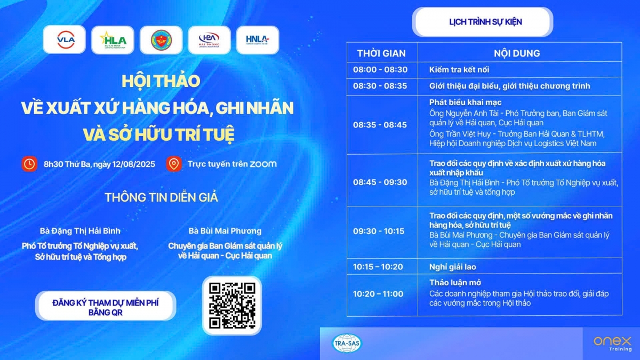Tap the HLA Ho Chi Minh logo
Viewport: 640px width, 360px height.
click(x=113, y=40)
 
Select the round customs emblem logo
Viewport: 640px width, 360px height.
click(x=161, y=40)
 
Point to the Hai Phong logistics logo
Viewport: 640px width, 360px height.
click(x=209, y=40)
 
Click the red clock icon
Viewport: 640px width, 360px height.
click(x=29, y=164)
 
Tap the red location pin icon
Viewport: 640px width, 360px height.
click(x=174, y=164)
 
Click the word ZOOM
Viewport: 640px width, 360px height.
click(x=263, y=164)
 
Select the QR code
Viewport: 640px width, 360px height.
click(x=232, y=306)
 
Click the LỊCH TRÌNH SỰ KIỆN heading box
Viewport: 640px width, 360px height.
click(x=483, y=22)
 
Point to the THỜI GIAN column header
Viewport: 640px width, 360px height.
click(x=381, y=53)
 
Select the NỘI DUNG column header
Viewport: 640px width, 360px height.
click(x=517, y=53)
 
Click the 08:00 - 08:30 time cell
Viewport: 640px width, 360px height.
click(x=380, y=69)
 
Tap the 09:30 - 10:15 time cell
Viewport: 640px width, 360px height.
click(x=379, y=231)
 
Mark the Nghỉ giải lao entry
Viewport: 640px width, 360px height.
click(x=453, y=267)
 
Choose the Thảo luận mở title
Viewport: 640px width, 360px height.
click(x=455, y=283)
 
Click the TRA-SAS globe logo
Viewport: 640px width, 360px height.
click(x=347, y=343)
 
